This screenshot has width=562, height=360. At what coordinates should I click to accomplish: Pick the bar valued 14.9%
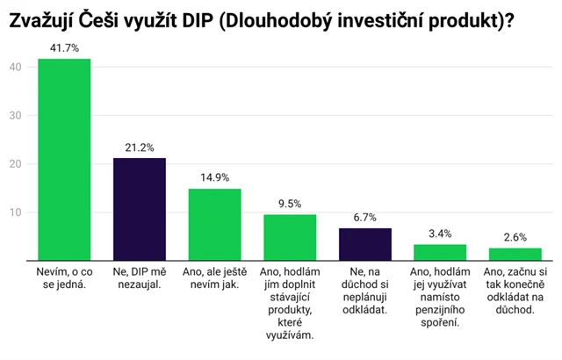(214, 225)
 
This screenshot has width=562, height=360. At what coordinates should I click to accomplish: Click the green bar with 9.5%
(290, 237)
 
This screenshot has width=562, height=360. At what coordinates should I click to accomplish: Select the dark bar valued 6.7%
(364, 244)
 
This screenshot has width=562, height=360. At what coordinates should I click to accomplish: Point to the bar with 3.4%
(440, 252)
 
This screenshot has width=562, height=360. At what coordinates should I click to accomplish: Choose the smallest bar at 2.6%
(515, 254)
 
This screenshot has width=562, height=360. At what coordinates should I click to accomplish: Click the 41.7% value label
(63, 48)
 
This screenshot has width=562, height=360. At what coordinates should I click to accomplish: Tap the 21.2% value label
(139, 148)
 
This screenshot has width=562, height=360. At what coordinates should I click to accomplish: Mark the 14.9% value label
(214, 178)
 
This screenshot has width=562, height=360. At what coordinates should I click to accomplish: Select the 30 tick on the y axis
(14, 114)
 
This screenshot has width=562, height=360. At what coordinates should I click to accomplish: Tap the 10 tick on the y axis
(14, 212)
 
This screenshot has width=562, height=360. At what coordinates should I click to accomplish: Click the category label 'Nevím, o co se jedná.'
(63, 281)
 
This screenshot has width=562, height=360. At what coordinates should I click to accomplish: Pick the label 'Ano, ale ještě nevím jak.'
(214, 281)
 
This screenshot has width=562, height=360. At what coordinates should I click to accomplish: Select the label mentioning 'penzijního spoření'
(440, 299)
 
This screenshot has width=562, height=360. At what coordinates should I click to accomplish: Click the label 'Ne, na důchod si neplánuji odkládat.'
(364, 293)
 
